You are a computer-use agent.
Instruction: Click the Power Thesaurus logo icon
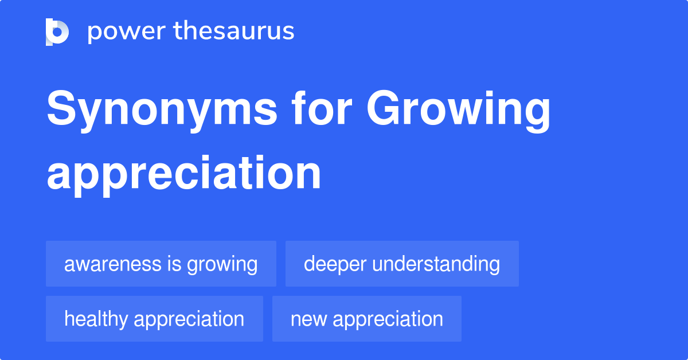point(57,32)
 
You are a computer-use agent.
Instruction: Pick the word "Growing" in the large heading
point(459,111)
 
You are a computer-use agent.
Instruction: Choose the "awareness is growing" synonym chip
point(161,264)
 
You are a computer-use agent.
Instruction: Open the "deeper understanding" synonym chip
point(401,264)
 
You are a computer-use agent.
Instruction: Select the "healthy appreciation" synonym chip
point(154,319)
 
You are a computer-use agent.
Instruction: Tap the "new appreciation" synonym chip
point(366,319)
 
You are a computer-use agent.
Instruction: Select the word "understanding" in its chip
point(436,264)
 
